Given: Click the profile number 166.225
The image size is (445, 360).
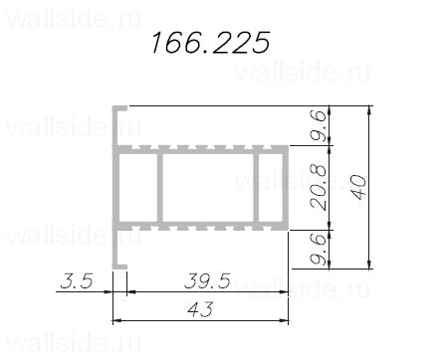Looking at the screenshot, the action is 210,43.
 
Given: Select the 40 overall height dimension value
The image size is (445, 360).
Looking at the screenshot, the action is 359,187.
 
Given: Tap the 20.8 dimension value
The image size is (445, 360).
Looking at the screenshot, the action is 320,188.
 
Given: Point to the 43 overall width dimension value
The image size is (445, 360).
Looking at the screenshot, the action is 200,309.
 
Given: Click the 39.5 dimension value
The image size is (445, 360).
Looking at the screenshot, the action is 207,280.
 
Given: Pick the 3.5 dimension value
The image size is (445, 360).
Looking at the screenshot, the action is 77,281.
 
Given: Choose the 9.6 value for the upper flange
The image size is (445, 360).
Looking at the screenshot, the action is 320,126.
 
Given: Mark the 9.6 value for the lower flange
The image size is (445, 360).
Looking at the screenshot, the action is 320,250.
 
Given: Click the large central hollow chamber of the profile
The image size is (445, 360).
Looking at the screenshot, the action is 208,188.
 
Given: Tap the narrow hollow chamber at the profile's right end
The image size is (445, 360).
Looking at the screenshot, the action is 271,188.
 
